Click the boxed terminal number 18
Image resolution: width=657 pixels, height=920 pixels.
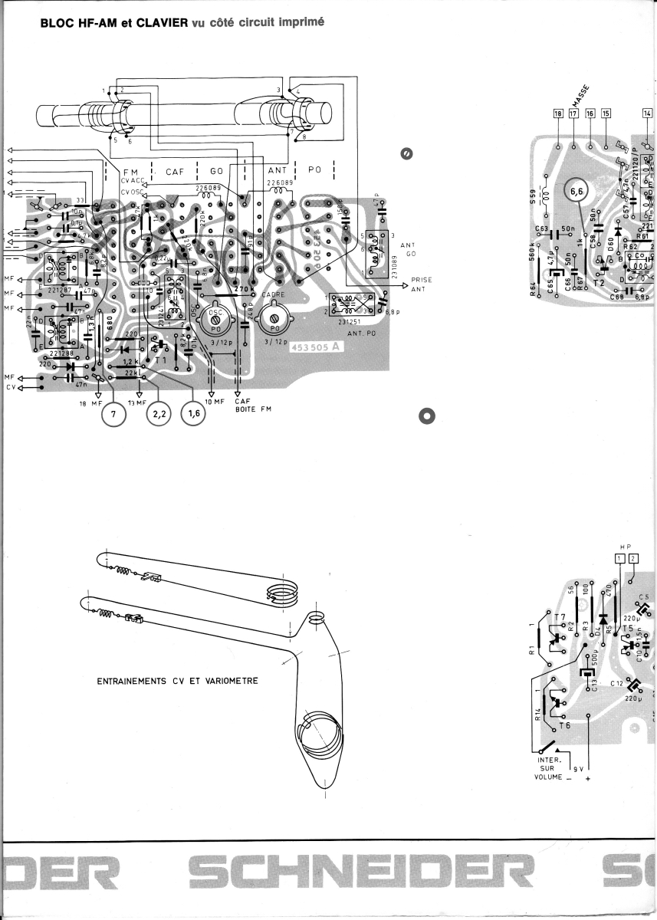tap(557, 113)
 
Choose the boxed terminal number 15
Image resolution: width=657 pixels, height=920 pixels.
tap(606, 113)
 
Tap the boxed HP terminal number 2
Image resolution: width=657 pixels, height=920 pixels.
tap(632, 557)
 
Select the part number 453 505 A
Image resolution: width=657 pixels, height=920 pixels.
tap(317, 347)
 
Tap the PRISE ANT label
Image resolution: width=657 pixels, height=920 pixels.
tap(421, 284)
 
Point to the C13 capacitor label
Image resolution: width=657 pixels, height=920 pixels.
tap(594, 687)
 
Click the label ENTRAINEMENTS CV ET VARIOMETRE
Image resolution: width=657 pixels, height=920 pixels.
tap(177, 680)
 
